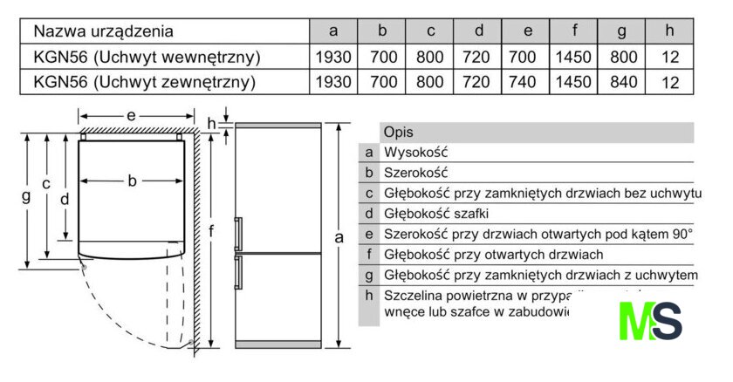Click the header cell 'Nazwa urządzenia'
[103, 31]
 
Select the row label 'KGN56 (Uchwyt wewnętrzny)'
[147, 58]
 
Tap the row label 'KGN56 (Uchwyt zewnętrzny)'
[144, 83]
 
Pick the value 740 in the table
[527, 83]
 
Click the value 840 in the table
[622, 83]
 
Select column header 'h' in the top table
[669, 31]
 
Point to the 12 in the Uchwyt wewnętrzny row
[669, 58]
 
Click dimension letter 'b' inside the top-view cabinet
[132, 181]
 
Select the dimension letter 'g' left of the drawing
[25, 197]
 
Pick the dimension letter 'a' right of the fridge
[339, 237]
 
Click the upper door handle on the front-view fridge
[238, 234]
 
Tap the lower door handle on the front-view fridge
[238, 271]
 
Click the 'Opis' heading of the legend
[399, 132]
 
